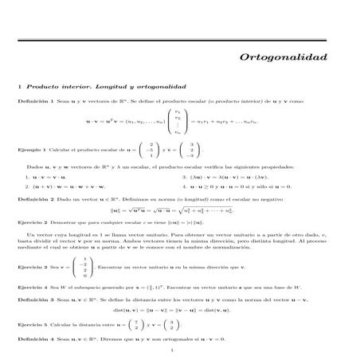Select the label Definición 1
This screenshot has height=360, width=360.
35,102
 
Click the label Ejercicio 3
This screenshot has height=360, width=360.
33,267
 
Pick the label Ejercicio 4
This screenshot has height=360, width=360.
33,285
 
